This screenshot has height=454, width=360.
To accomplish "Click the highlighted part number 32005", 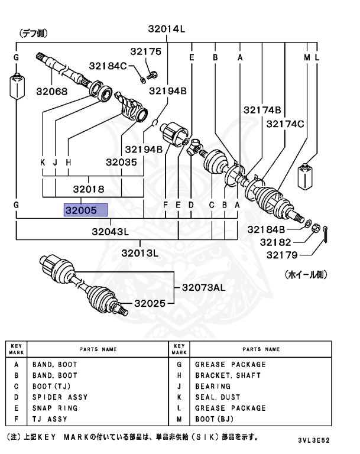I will point(86,210).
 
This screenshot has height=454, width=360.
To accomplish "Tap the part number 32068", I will point(51,91).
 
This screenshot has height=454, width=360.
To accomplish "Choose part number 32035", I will point(122,161).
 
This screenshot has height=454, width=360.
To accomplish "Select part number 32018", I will point(89,189).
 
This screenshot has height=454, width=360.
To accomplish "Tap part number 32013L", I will point(141,253).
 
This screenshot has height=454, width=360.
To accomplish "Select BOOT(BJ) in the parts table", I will point(216,419).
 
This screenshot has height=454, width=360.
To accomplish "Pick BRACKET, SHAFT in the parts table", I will point(228,375).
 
